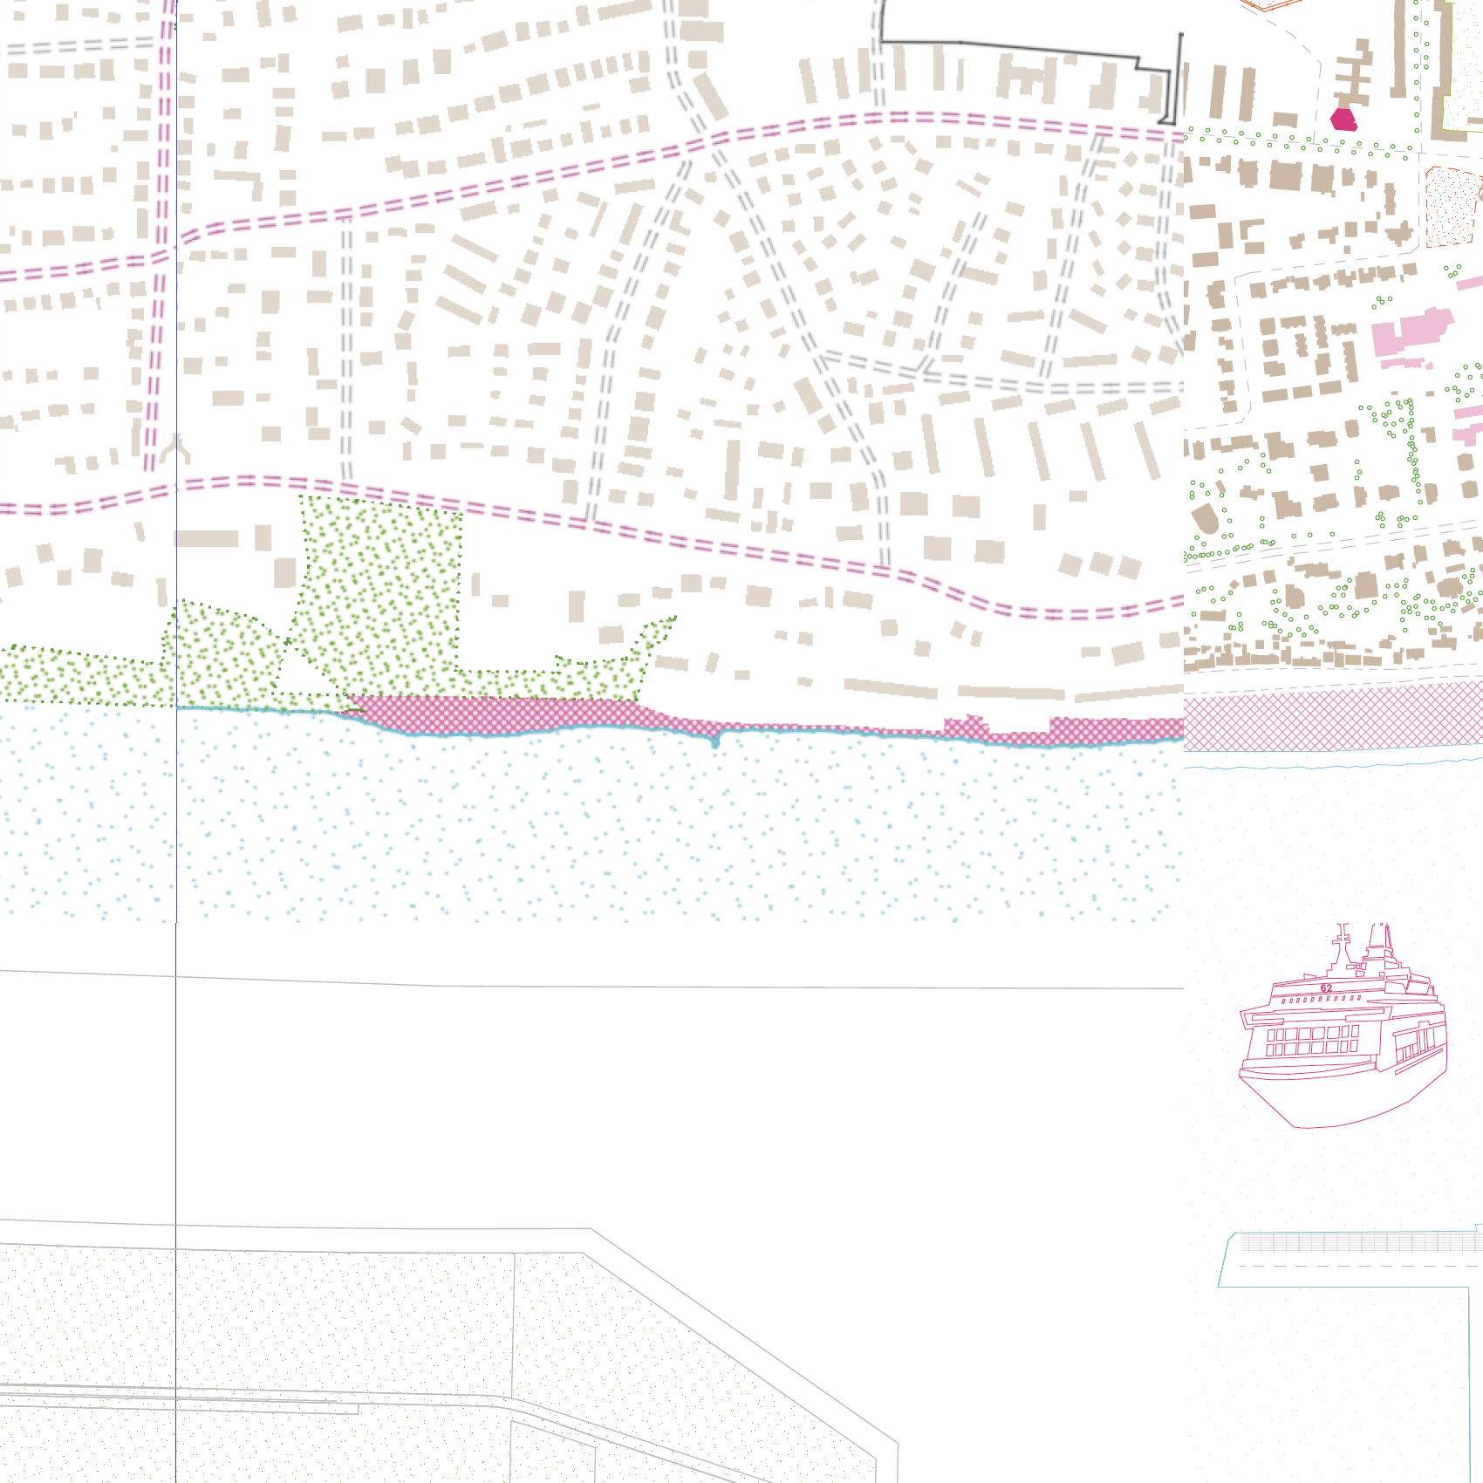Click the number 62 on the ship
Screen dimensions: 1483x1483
coord(1326,988)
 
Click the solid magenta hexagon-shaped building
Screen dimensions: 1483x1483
coord(1343,120)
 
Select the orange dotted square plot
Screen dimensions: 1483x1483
coord(1452,208)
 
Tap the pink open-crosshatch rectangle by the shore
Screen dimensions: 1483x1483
coord(1333,717)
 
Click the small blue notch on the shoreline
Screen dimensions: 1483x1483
coord(716,742)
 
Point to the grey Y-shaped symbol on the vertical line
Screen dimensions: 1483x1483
coord(177,448)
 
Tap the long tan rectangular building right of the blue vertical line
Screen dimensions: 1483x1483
coord(208,538)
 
